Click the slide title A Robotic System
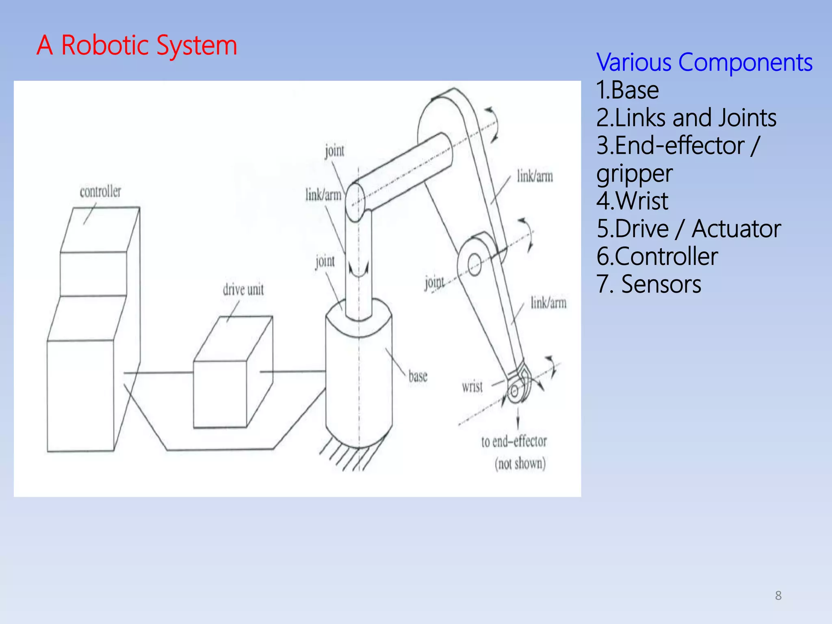tap(137, 45)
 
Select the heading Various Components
tap(704, 63)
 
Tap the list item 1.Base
tap(627, 90)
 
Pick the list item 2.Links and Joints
tap(686, 118)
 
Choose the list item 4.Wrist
tap(632, 201)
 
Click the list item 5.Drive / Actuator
tap(688, 229)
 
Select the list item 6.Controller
tap(657, 256)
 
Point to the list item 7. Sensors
tap(649, 284)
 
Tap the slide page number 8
tap(778, 596)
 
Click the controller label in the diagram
tap(100, 191)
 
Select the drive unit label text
tap(243, 290)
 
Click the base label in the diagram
tap(418, 376)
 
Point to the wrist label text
tap(472, 386)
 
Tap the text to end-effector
tap(514, 442)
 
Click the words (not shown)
tap(520, 464)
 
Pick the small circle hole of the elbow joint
tap(474, 265)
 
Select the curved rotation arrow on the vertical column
tap(359, 271)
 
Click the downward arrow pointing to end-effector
tap(518, 418)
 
